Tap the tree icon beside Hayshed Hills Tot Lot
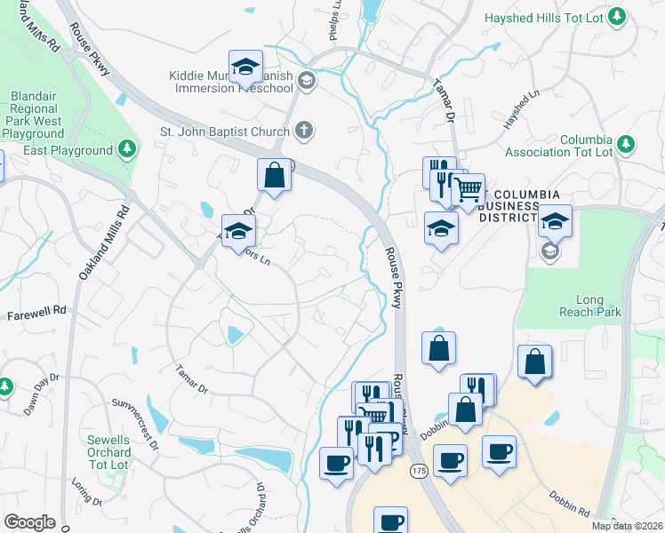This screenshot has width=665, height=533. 619,16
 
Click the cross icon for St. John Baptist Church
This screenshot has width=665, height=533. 303,131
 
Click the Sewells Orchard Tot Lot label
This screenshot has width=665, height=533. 108,452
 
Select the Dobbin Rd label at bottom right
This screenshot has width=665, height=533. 572,502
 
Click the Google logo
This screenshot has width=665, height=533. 29,522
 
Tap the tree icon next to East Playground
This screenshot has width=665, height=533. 128,147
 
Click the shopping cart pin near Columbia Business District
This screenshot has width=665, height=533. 469,188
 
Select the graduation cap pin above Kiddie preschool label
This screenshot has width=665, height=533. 245,66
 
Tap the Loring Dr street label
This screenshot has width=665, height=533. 81,494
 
